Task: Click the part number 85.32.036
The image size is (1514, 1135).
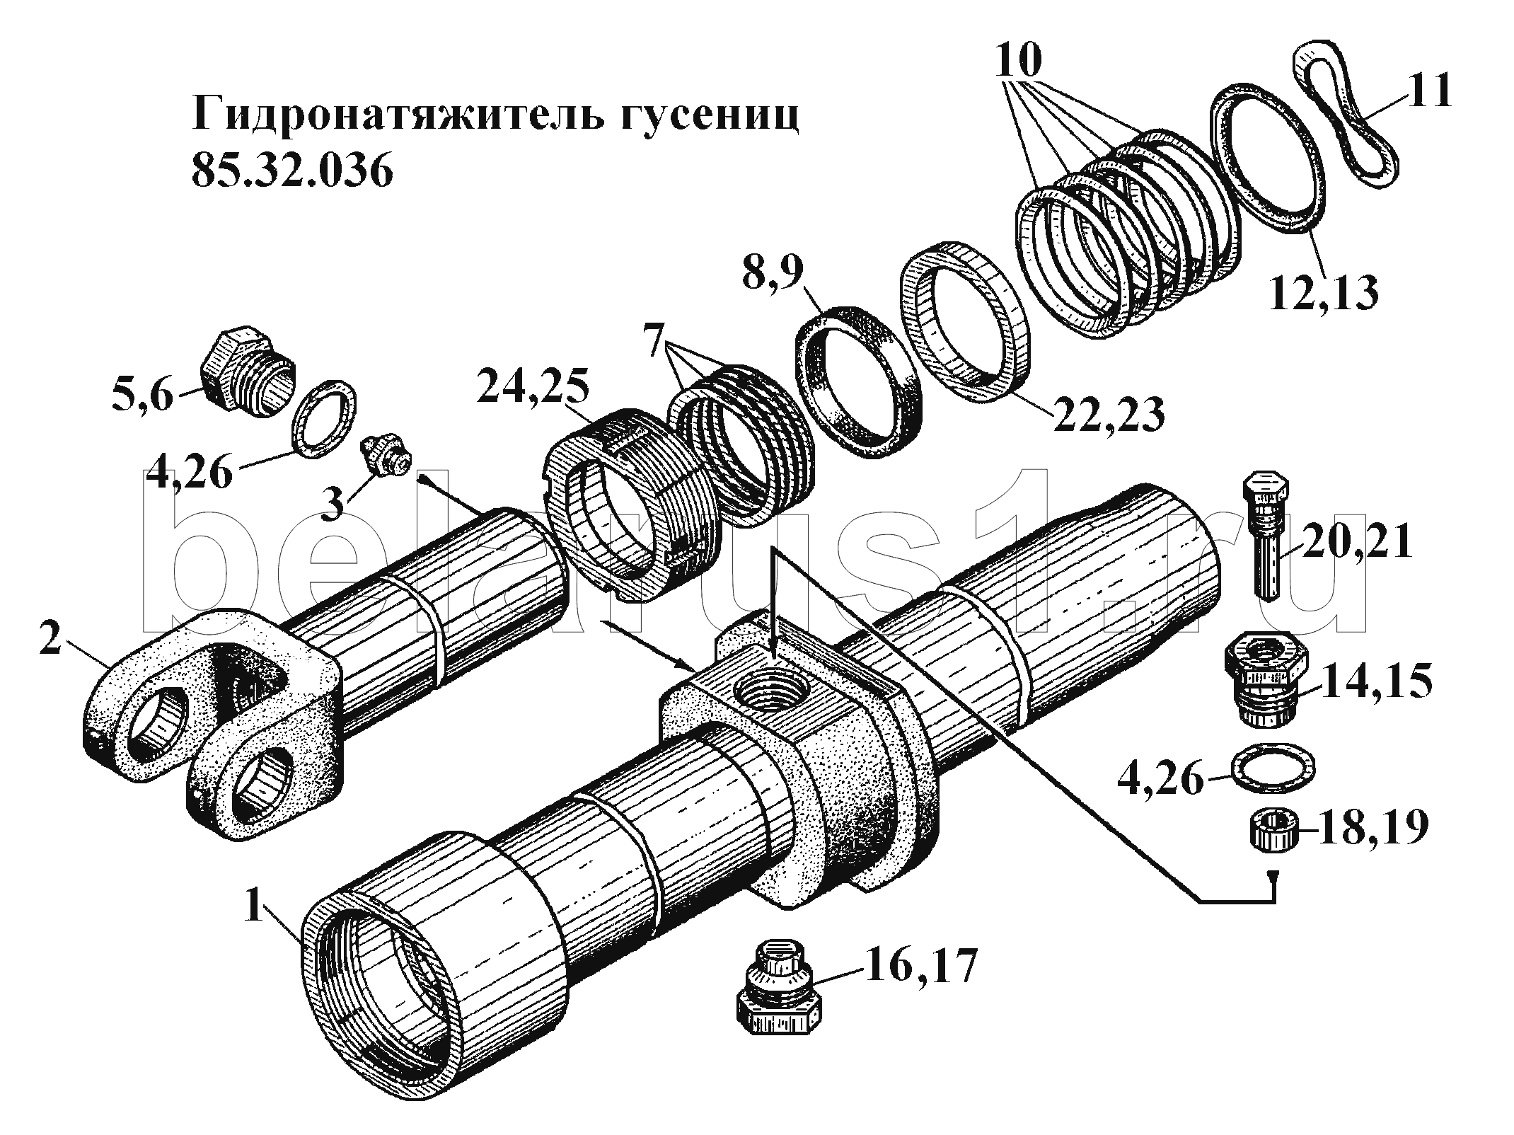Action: pyautogui.click(x=291, y=172)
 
